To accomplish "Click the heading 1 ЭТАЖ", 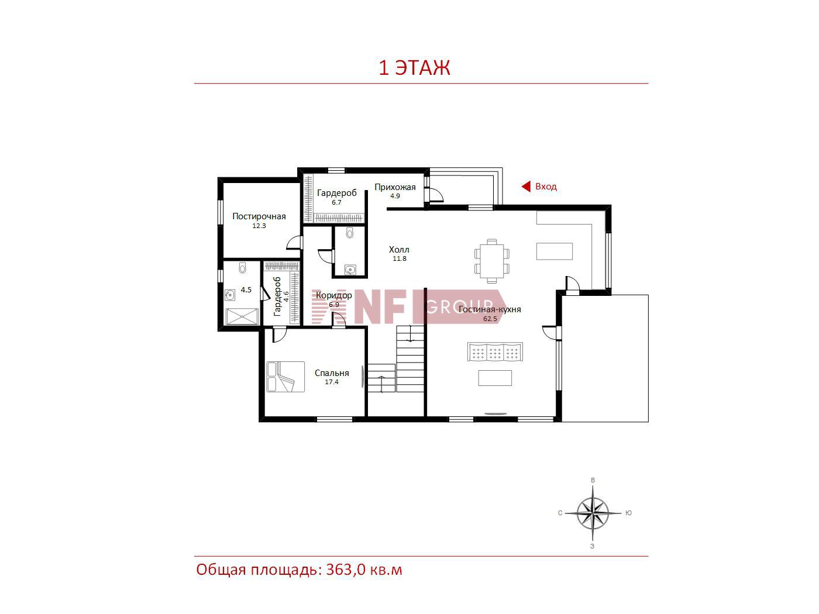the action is click(x=414, y=68).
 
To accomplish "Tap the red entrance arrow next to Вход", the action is click(x=526, y=187).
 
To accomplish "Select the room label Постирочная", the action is click(x=259, y=216).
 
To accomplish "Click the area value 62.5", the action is click(x=490, y=319).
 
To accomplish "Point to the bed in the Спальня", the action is click(x=285, y=377).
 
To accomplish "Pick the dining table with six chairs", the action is click(x=492, y=261).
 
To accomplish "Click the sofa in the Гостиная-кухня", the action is click(x=495, y=351).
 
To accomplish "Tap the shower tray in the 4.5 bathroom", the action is click(x=242, y=317).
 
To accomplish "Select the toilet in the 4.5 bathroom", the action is click(x=243, y=267).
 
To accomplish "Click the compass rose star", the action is click(x=593, y=513).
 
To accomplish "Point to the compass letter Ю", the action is click(x=628, y=513).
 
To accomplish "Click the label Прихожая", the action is click(x=395, y=187).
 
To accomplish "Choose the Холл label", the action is click(x=399, y=250).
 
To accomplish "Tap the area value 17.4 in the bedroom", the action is click(x=332, y=382).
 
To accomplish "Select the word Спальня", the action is click(x=332, y=373).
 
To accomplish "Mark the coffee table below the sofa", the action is click(x=495, y=378).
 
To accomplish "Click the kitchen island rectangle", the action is click(x=555, y=251).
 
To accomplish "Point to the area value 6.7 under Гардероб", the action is click(x=336, y=202).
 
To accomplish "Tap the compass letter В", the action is click(x=593, y=480).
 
